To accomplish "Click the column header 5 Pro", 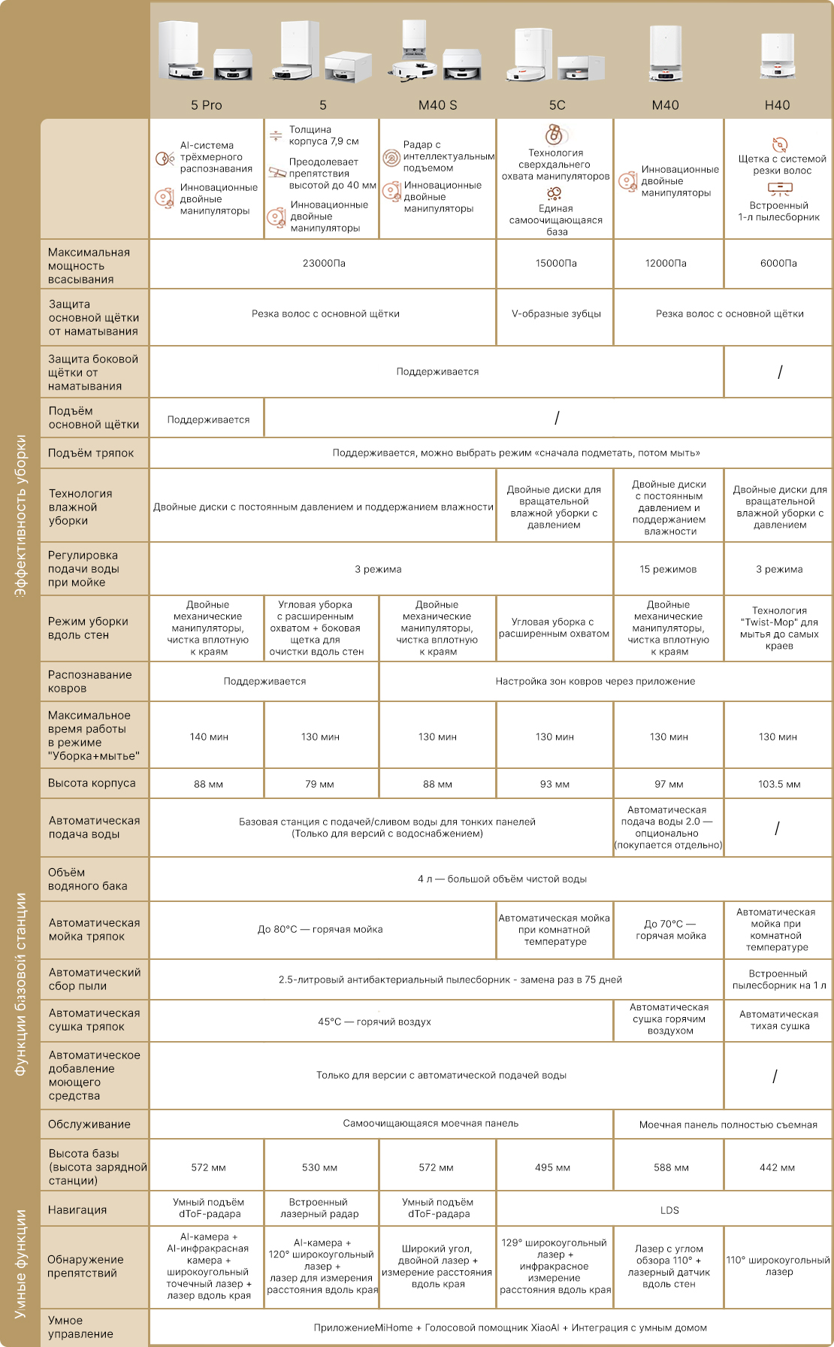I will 207,105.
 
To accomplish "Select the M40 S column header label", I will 437,105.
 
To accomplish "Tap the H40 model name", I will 777,105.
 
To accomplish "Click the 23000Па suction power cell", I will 324,264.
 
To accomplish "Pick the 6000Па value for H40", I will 778,264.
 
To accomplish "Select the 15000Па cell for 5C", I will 556,264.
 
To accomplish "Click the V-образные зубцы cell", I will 556,314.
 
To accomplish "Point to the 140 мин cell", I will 209,737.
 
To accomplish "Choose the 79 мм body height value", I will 320,785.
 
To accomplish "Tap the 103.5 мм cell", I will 779,785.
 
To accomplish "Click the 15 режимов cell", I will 668,570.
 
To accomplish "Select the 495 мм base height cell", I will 553,1168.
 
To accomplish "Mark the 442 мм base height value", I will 777,1168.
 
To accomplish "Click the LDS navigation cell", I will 669,1211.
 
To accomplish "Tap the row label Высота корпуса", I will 92,783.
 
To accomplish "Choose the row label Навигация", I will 77,1210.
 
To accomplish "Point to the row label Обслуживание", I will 89,1125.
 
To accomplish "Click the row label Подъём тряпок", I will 91,453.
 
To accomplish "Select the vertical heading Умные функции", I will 21,1263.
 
